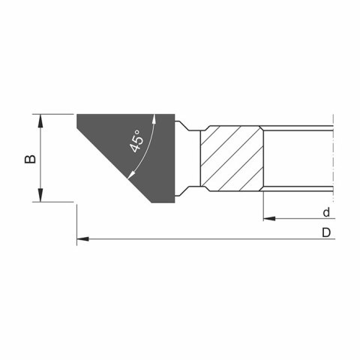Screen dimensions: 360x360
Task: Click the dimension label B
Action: [x=30, y=159]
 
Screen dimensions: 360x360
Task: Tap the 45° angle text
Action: [x=137, y=141]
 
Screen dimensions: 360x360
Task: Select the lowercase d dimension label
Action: [x=326, y=212]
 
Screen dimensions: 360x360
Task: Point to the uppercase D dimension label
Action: [x=326, y=232]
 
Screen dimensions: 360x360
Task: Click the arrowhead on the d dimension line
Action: [x=269, y=219]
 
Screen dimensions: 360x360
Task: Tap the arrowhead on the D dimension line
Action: [x=82, y=239]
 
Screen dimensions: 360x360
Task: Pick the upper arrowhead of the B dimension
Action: [x=40, y=121]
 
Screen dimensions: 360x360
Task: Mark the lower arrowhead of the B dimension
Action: [x=40, y=195]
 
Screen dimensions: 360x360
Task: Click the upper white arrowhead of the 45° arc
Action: [x=154, y=119]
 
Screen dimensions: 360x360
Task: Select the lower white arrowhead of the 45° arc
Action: [x=131, y=175]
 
